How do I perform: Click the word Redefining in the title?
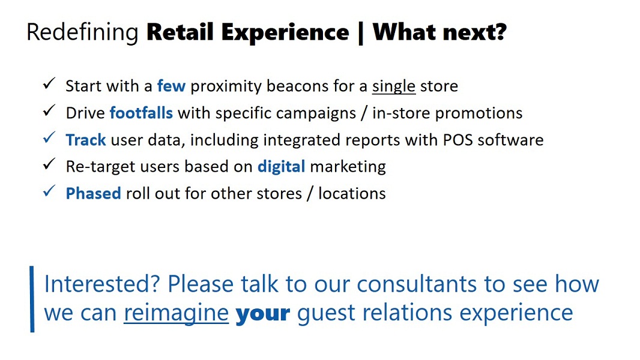point(82,32)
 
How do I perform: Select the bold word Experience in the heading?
point(285,32)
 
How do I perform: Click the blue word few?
point(172,86)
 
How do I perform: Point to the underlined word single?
point(393,86)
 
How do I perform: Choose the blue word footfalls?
point(141,113)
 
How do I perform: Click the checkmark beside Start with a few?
point(49,83)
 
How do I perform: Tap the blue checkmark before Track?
point(49,137)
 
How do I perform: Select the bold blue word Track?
point(86,140)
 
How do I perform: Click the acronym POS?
point(458,140)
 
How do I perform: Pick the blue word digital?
point(281,167)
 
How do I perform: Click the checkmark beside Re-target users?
point(49,164)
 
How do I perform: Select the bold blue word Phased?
point(94,194)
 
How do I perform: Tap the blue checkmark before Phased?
point(49,191)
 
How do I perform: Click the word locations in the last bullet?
point(352,194)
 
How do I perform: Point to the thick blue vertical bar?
point(32,299)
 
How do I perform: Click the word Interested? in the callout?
point(101,284)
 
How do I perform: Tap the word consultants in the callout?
point(417,284)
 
